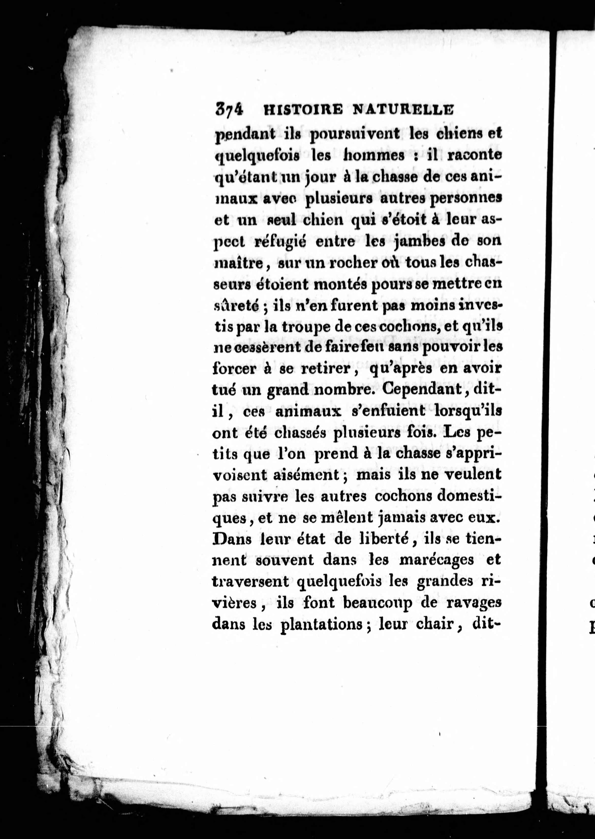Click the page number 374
[229, 109]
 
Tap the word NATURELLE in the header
[402, 110]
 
